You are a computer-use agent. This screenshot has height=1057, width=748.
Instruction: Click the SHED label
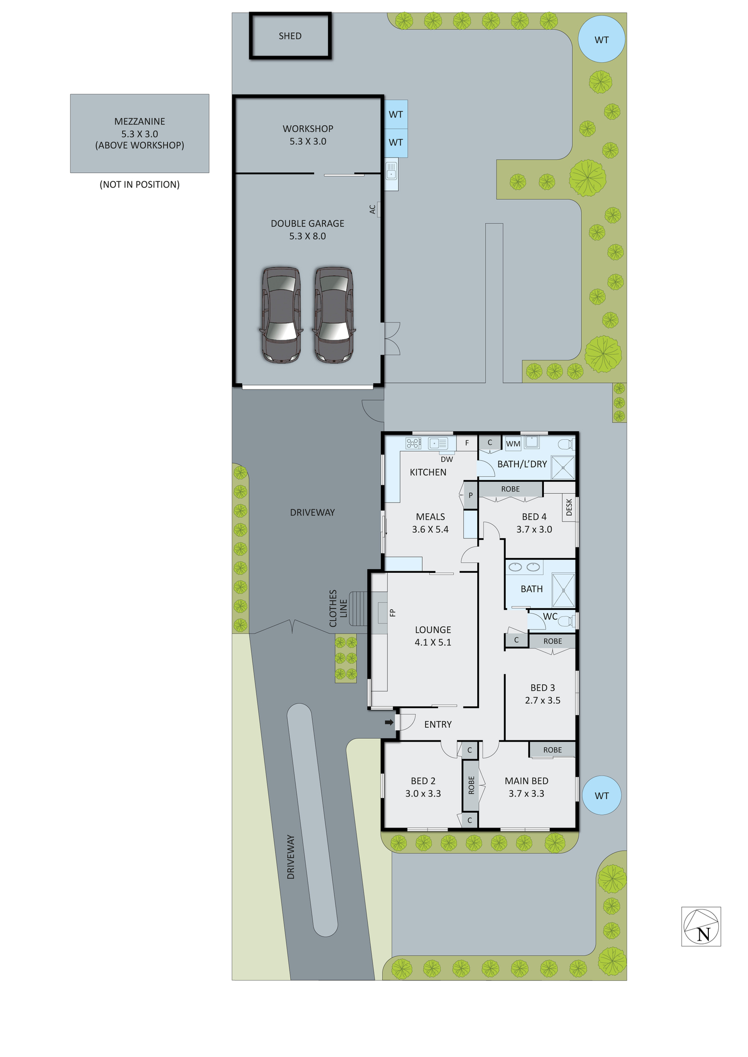point(290,36)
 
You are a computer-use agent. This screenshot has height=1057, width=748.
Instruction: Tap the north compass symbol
point(701,927)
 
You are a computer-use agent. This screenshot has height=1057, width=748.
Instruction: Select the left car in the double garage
point(281,315)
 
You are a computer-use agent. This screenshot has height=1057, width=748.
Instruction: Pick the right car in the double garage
point(334,315)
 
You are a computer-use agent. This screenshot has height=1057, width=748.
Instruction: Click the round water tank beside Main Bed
point(601,795)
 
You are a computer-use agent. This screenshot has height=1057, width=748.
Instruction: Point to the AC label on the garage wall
point(372,210)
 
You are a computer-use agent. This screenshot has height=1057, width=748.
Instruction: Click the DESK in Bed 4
point(569,507)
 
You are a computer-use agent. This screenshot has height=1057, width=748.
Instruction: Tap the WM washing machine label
point(513,444)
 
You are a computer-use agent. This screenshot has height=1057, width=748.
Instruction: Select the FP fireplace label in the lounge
point(393,613)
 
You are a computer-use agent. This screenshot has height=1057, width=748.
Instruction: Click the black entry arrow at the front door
point(389,722)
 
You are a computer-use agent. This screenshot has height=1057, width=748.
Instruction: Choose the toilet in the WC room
point(567,620)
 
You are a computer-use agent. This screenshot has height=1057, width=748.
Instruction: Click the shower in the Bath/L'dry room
point(563,467)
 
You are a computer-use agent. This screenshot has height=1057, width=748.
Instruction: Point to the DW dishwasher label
point(447,459)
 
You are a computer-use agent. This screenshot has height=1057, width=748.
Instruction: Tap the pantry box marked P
point(471,496)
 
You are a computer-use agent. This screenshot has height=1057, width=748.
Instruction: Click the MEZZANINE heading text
point(140,122)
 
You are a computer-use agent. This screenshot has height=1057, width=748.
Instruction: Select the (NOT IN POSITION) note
point(140,184)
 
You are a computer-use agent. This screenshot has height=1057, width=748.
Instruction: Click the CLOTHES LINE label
point(338,609)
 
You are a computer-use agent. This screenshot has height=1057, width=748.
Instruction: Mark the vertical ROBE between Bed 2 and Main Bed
point(471,785)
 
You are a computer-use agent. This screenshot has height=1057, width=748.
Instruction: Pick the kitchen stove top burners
point(414,443)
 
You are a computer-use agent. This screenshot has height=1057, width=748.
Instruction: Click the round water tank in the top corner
point(601,40)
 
